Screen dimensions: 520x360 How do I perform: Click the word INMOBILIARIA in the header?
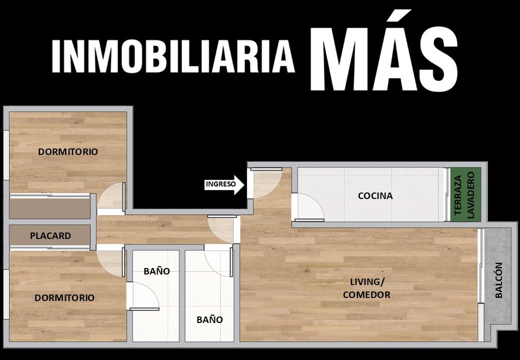coord(173,56)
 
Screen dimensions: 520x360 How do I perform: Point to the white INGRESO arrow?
coord(224,184)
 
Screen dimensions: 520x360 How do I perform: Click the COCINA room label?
coord(375,195)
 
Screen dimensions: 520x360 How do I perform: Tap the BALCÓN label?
coord(499,280)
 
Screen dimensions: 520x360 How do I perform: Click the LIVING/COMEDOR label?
coord(367,288)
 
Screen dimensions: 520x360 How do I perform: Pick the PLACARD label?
coord(50,236)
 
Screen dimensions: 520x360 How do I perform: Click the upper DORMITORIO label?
coord(68,152)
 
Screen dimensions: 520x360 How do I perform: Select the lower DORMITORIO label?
coord(64,297)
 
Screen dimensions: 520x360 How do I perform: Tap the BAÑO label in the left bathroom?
coord(157,271)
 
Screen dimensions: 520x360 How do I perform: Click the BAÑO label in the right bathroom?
coord(209,319)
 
